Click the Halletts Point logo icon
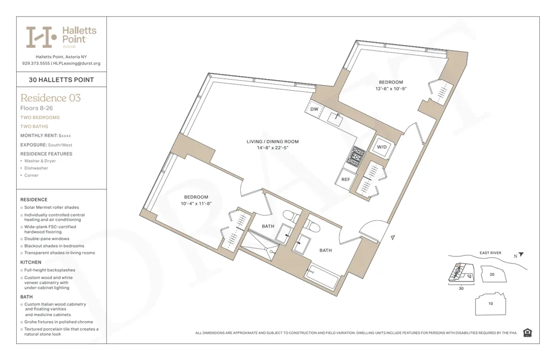click(x=42, y=37)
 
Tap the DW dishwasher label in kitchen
click(x=314, y=110)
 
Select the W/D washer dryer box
click(x=382, y=147)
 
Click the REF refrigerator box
click(x=345, y=180)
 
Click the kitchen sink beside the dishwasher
click(x=336, y=117)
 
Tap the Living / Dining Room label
click(x=272, y=142)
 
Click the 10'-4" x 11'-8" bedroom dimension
click(x=196, y=204)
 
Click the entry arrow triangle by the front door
click(x=393, y=238)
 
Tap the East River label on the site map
click(x=490, y=253)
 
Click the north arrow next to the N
click(x=521, y=255)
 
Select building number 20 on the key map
click(x=492, y=274)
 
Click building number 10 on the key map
click(x=490, y=304)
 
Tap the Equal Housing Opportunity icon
click(x=527, y=333)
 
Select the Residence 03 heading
click(x=51, y=98)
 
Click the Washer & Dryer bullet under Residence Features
click(x=40, y=161)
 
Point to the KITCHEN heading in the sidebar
click(x=31, y=262)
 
